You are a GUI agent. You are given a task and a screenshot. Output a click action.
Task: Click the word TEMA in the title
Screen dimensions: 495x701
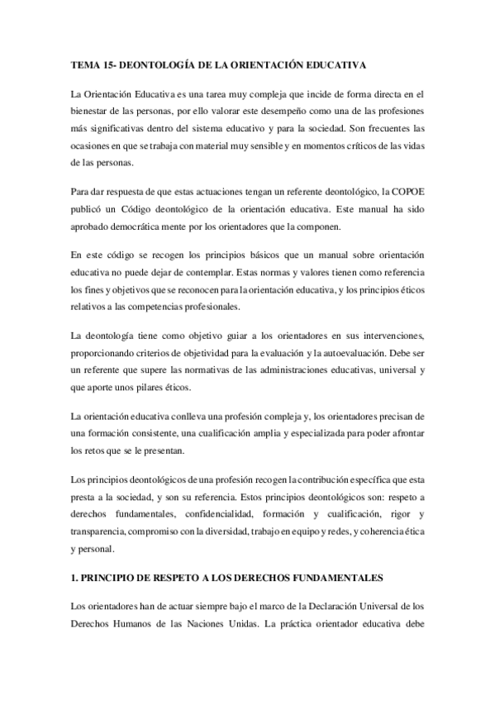tap(84, 63)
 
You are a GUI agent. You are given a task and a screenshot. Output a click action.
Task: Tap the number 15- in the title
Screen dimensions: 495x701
tap(110, 63)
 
